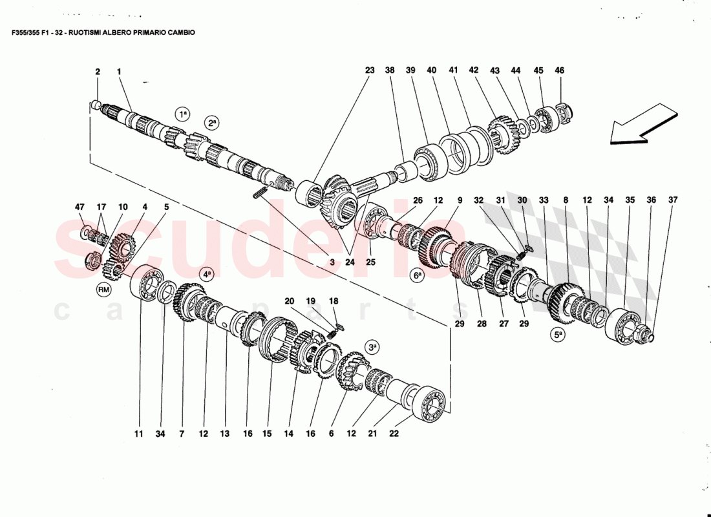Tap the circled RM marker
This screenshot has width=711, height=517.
[x=104, y=290]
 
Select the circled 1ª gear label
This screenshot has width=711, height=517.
[x=183, y=114]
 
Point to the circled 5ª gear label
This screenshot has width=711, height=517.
[x=558, y=335]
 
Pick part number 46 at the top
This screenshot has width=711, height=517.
[x=560, y=70]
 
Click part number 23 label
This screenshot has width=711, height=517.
[x=369, y=70]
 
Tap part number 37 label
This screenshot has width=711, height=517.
[x=673, y=200]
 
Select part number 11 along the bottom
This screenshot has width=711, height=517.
[x=138, y=434]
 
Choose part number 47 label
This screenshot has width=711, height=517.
[x=80, y=207]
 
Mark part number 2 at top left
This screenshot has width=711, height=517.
[x=98, y=72]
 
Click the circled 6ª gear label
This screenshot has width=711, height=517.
[x=418, y=275]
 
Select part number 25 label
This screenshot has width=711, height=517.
[x=371, y=262]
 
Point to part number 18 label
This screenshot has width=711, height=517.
[x=334, y=301]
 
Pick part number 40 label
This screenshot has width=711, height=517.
[x=432, y=70]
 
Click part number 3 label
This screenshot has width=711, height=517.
[x=332, y=262]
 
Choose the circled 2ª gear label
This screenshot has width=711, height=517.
[x=211, y=121]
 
